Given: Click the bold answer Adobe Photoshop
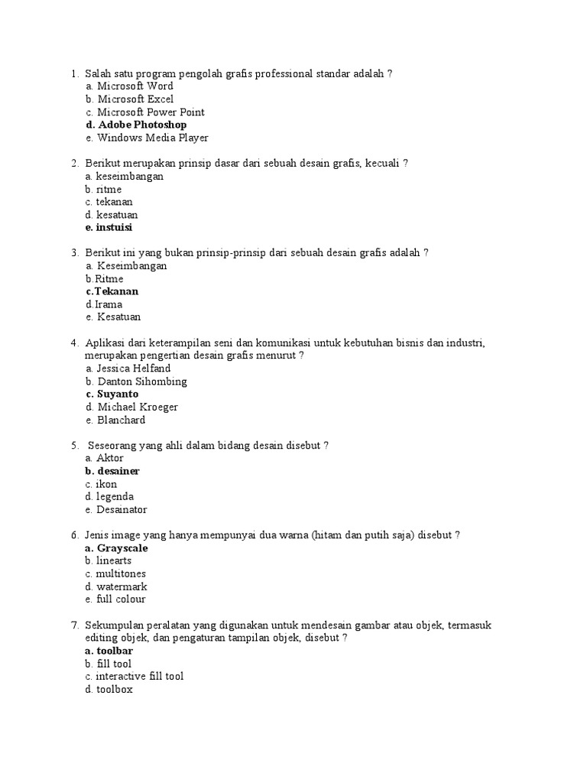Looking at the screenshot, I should coord(142,125).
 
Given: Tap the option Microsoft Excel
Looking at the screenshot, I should coord(135,99).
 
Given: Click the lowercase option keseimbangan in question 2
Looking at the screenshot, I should coord(130,176).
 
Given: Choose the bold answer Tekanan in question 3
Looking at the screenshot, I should coord(116,291).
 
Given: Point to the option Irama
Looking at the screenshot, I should coord(109,304).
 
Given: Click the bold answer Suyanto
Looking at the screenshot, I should coord(118,394).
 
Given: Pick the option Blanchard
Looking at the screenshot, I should coord(121,420).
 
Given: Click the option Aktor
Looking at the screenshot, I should coord(110,458).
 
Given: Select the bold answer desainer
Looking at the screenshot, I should coord(118,471).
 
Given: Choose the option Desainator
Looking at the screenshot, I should coord(122,509).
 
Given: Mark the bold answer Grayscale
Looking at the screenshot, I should coord(122,548).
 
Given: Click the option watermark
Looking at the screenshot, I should coord(122,586).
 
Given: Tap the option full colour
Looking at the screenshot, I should coord(121,599).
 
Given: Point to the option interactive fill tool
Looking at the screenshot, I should coord(140,676).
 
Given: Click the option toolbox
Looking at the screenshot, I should coord(115,689).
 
